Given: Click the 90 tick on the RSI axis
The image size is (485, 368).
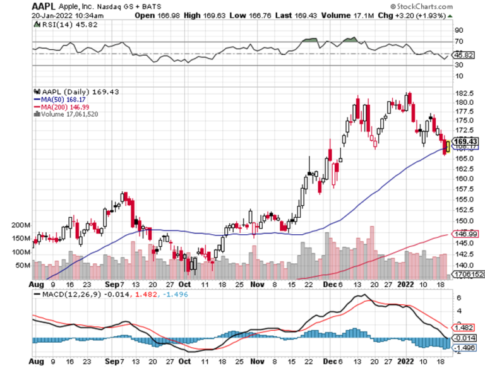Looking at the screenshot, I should (x=459, y=30).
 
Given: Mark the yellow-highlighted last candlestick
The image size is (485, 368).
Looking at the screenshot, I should (x=447, y=146).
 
